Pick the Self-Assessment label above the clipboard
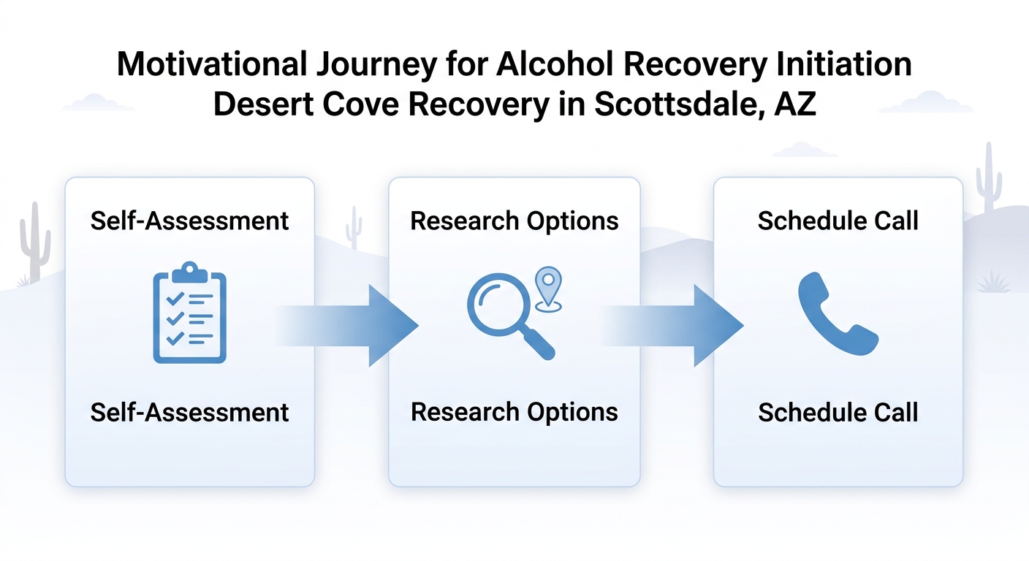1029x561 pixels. tap(189, 221)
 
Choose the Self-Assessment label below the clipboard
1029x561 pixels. tap(189, 412)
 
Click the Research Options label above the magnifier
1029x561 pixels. tap(514, 221)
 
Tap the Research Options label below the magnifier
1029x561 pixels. tap(514, 412)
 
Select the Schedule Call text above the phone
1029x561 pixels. tap(838, 221)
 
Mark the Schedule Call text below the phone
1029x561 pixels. tap(838, 412)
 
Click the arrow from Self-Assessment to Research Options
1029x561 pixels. tap(358, 326)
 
